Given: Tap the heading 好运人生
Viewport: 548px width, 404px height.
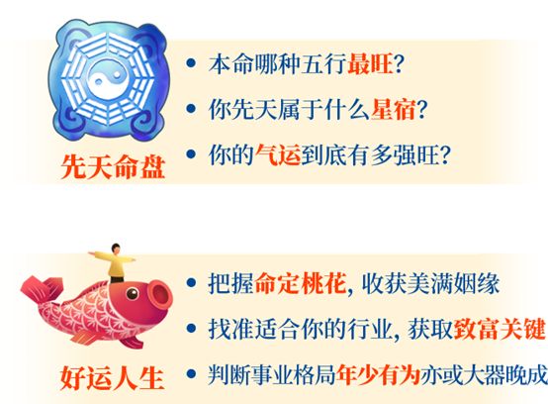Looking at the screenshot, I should pyautogui.click(x=110, y=377).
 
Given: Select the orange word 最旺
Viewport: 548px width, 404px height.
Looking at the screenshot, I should pyautogui.click(x=366, y=63).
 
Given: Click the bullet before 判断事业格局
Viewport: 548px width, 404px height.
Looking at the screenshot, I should pyautogui.click(x=192, y=375).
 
